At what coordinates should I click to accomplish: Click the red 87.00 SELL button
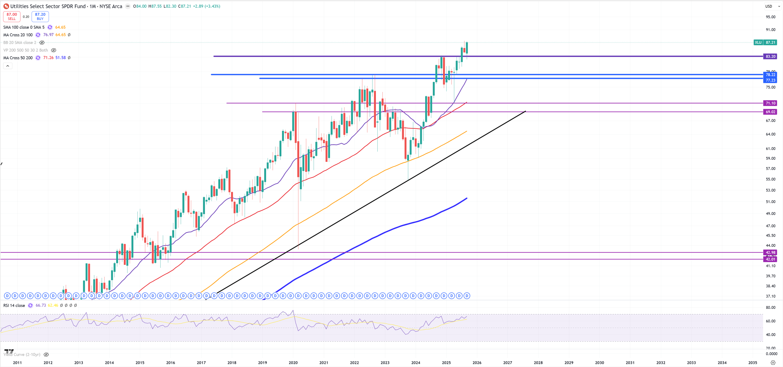[12, 17]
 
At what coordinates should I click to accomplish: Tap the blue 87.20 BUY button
[40, 17]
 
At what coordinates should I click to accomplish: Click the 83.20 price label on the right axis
[770, 56]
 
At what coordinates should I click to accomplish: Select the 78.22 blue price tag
[770, 75]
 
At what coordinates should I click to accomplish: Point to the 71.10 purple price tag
[770, 103]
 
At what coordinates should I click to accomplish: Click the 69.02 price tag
[770, 112]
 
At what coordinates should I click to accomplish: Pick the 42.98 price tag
[770, 252]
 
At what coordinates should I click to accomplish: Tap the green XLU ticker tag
[758, 43]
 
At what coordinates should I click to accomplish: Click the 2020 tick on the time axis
[293, 363]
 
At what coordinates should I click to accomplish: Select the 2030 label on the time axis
[599, 363]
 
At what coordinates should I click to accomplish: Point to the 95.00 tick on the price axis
[770, 17]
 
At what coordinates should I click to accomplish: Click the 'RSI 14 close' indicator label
[14, 306]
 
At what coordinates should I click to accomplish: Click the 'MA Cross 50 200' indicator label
[18, 58]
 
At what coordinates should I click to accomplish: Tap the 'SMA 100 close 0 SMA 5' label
[24, 27]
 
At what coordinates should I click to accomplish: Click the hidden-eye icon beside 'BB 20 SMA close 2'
[42, 43]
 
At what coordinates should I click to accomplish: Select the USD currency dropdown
[772, 6]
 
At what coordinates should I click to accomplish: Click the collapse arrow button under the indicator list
[8, 66]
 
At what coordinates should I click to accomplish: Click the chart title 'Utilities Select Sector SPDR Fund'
[48, 6]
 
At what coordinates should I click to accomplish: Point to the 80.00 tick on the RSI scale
[770, 308]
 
